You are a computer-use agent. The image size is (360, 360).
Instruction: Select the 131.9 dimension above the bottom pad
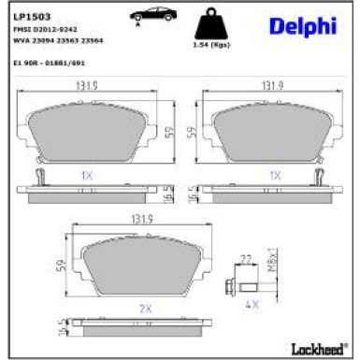tap(143, 222)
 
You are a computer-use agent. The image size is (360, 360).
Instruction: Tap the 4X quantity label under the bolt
tap(250, 305)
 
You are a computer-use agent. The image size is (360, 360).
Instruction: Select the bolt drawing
tap(245, 286)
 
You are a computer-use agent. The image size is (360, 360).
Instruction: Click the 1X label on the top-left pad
tap(87, 174)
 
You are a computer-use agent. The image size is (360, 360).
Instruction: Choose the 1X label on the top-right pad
tap(274, 174)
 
